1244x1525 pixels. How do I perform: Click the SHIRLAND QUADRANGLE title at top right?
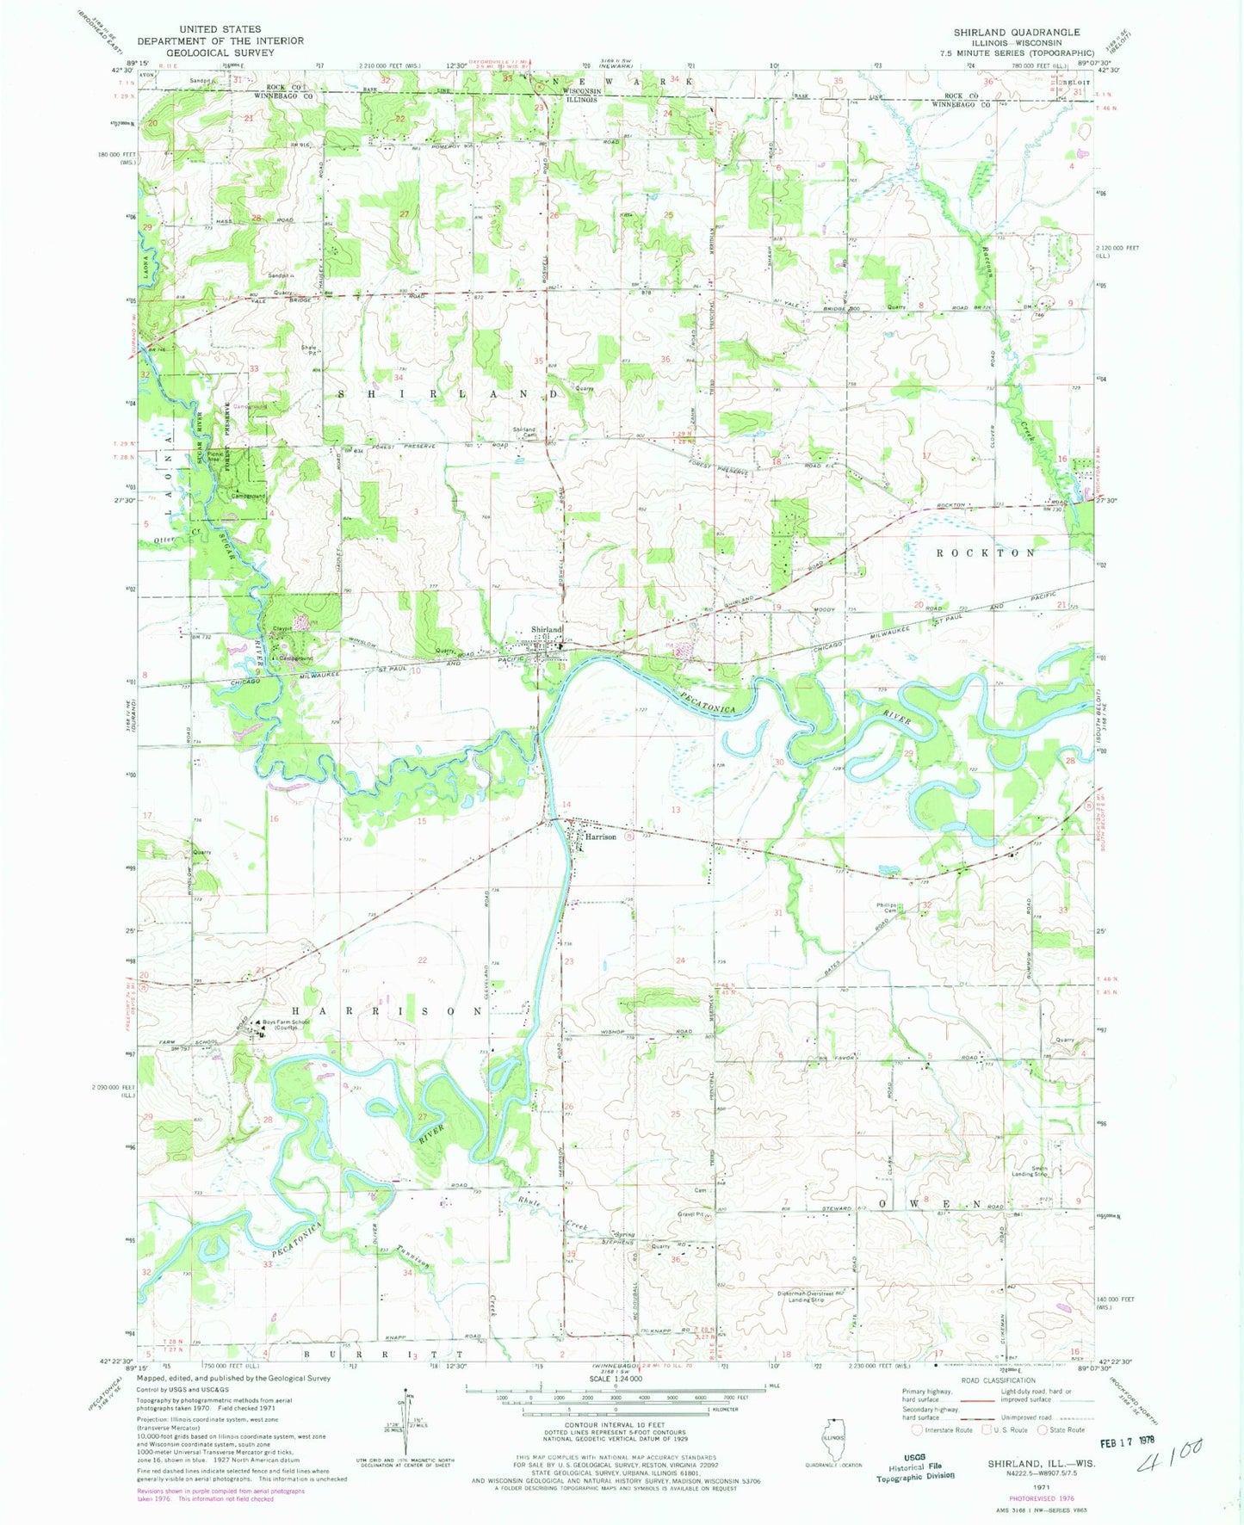pyautogui.click(x=1016, y=32)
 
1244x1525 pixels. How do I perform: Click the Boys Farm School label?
pyautogui.click(x=288, y=1024)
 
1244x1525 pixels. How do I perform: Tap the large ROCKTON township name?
pyautogui.click(x=986, y=553)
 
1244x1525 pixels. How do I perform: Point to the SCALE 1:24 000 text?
pyautogui.click(x=614, y=1403)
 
